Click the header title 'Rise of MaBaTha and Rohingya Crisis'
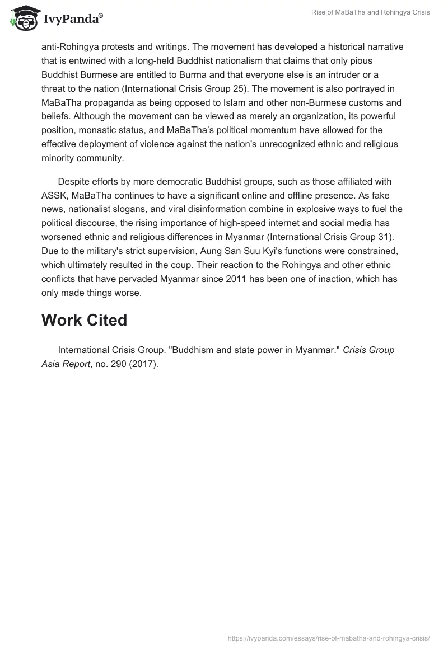[x=371, y=12]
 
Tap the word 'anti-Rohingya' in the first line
[x=68, y=46]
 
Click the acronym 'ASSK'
[x=54, y=195]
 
